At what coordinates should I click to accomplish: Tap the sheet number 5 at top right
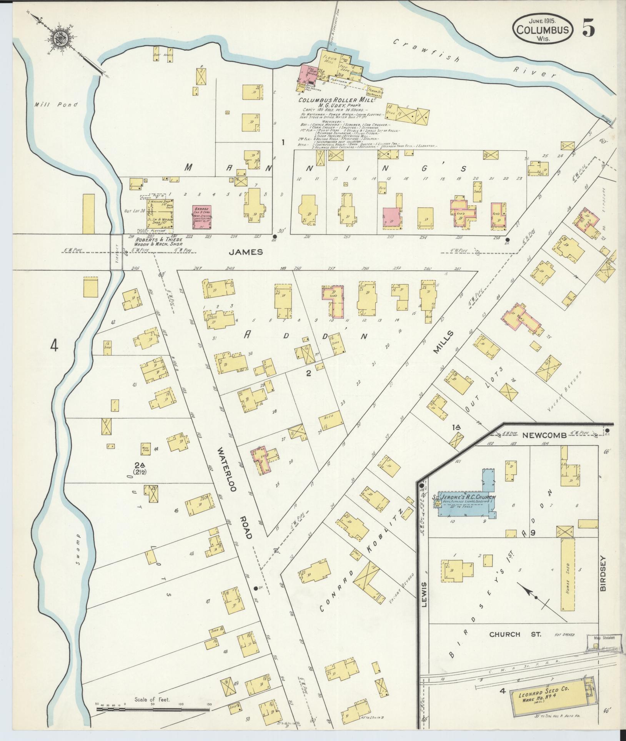click(588, 28)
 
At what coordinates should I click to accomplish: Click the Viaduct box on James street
click(116, 252)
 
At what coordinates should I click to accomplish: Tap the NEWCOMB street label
click(542, 435)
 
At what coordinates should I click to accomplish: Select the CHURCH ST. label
click(515, 634)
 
